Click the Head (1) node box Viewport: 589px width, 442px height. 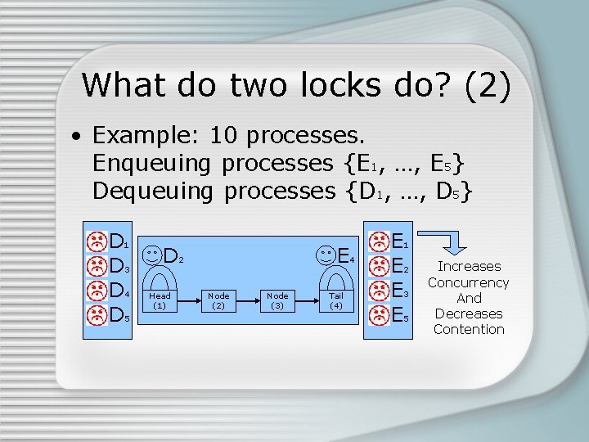coord(160,300)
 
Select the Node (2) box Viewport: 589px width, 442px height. coord(218,300)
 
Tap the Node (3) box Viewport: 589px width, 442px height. coord(277,300)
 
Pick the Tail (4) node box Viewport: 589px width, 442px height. coord(336,300)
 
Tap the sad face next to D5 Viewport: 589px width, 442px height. coord(97,314)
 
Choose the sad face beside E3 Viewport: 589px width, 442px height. coord(380,291)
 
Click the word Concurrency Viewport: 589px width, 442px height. coord(468,282)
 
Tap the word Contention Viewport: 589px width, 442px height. coord(469,329)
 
